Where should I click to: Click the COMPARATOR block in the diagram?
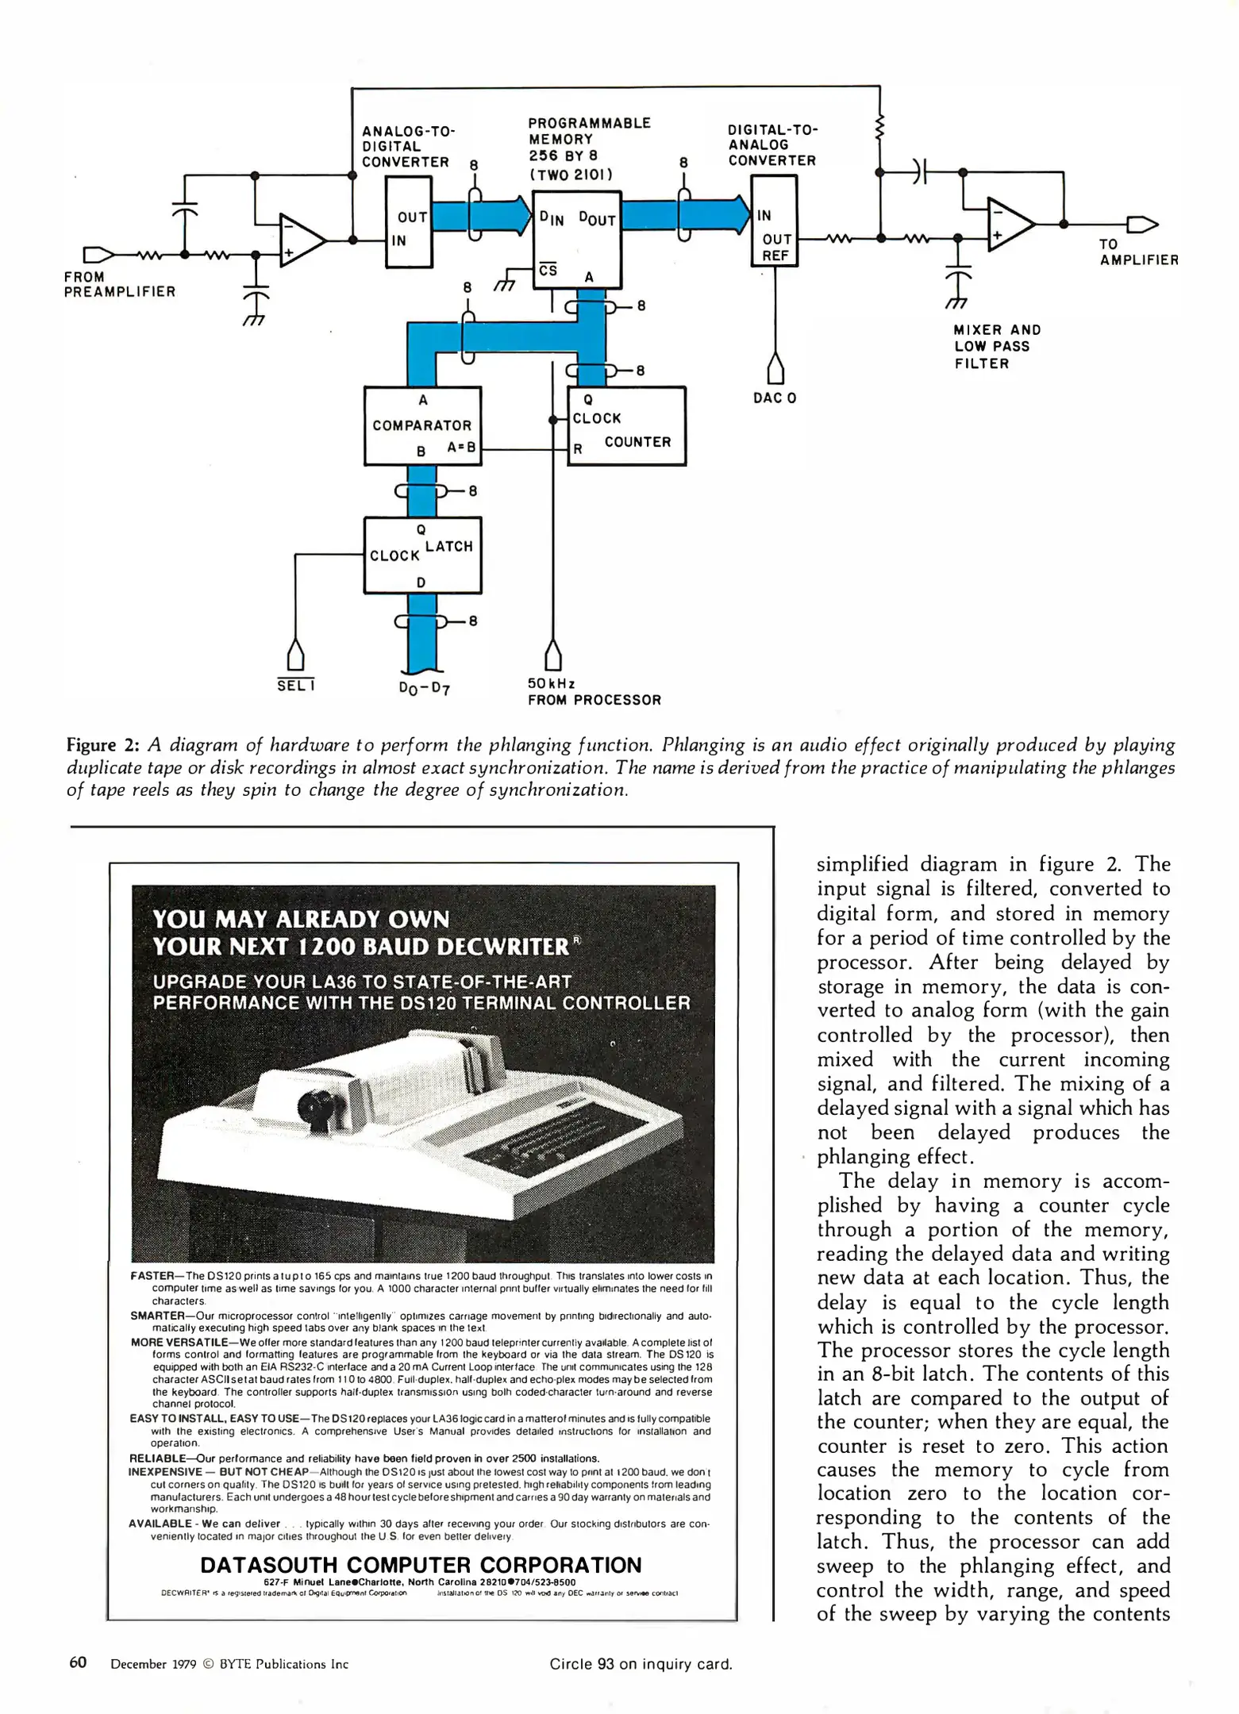click(422, 425)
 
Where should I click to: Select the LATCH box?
click(422, 555)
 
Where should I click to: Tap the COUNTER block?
click(626, 425)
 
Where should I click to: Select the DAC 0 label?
click(774, 398)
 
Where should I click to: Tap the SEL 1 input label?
click(296, 686)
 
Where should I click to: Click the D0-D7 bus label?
click(425, 687)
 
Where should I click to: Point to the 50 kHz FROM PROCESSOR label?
click(594, 692)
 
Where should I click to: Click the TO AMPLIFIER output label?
click(1138, 252)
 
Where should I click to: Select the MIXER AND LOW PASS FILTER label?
click(996, 347)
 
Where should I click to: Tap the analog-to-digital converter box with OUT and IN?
click(408, 222)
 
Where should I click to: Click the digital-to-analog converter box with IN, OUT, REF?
click(773, 221)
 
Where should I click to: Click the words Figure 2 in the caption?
click(103, 745)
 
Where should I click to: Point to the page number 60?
click(78, 1662)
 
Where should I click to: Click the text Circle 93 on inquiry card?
click(640, 1664)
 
